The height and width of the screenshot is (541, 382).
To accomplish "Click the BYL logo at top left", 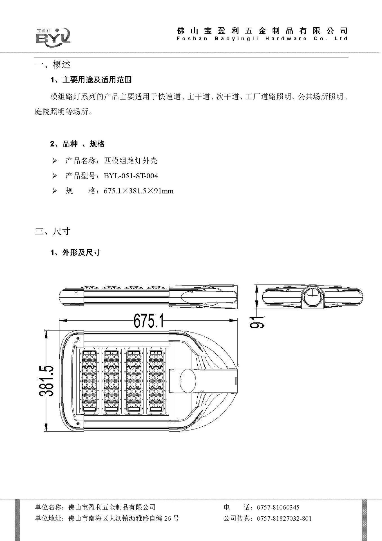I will [x=53, y=36].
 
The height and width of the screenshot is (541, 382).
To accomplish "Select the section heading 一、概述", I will [x=53, y=65].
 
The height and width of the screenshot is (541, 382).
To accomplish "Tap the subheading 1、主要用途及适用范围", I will [x=91, y=80].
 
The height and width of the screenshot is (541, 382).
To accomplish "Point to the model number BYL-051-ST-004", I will [x=131, y=176].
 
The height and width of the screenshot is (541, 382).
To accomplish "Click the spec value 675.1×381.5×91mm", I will [x=138, y=191].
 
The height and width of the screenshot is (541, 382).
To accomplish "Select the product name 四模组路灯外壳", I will [x=131, y=161].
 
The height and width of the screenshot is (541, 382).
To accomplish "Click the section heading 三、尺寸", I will [x=53, y=231].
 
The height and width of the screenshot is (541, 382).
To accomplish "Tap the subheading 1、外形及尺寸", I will [x=75, y=252].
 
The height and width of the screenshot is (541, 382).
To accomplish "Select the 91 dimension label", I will [x=257, y=322].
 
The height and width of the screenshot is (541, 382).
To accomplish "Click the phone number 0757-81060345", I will [x=278, y=507].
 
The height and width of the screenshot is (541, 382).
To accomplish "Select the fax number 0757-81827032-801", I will [x=284, y=518].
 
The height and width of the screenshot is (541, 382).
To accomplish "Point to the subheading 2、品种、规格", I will [x=77, y=144].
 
